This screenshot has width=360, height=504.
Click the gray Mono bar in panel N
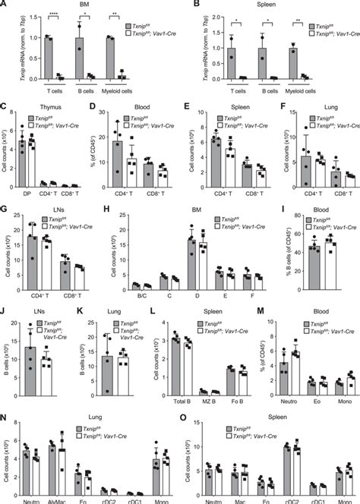coord(156,478)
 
